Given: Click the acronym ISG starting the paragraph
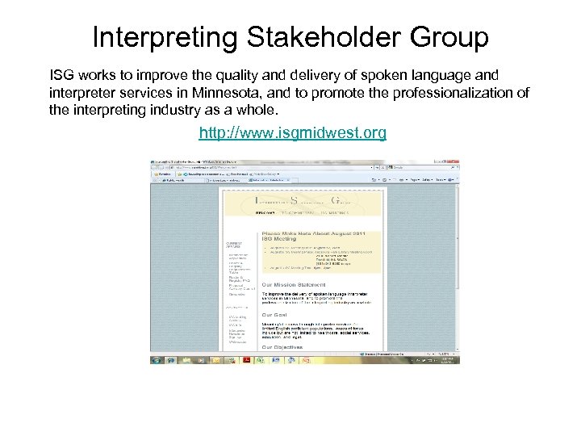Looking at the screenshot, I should tap(63, 75).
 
